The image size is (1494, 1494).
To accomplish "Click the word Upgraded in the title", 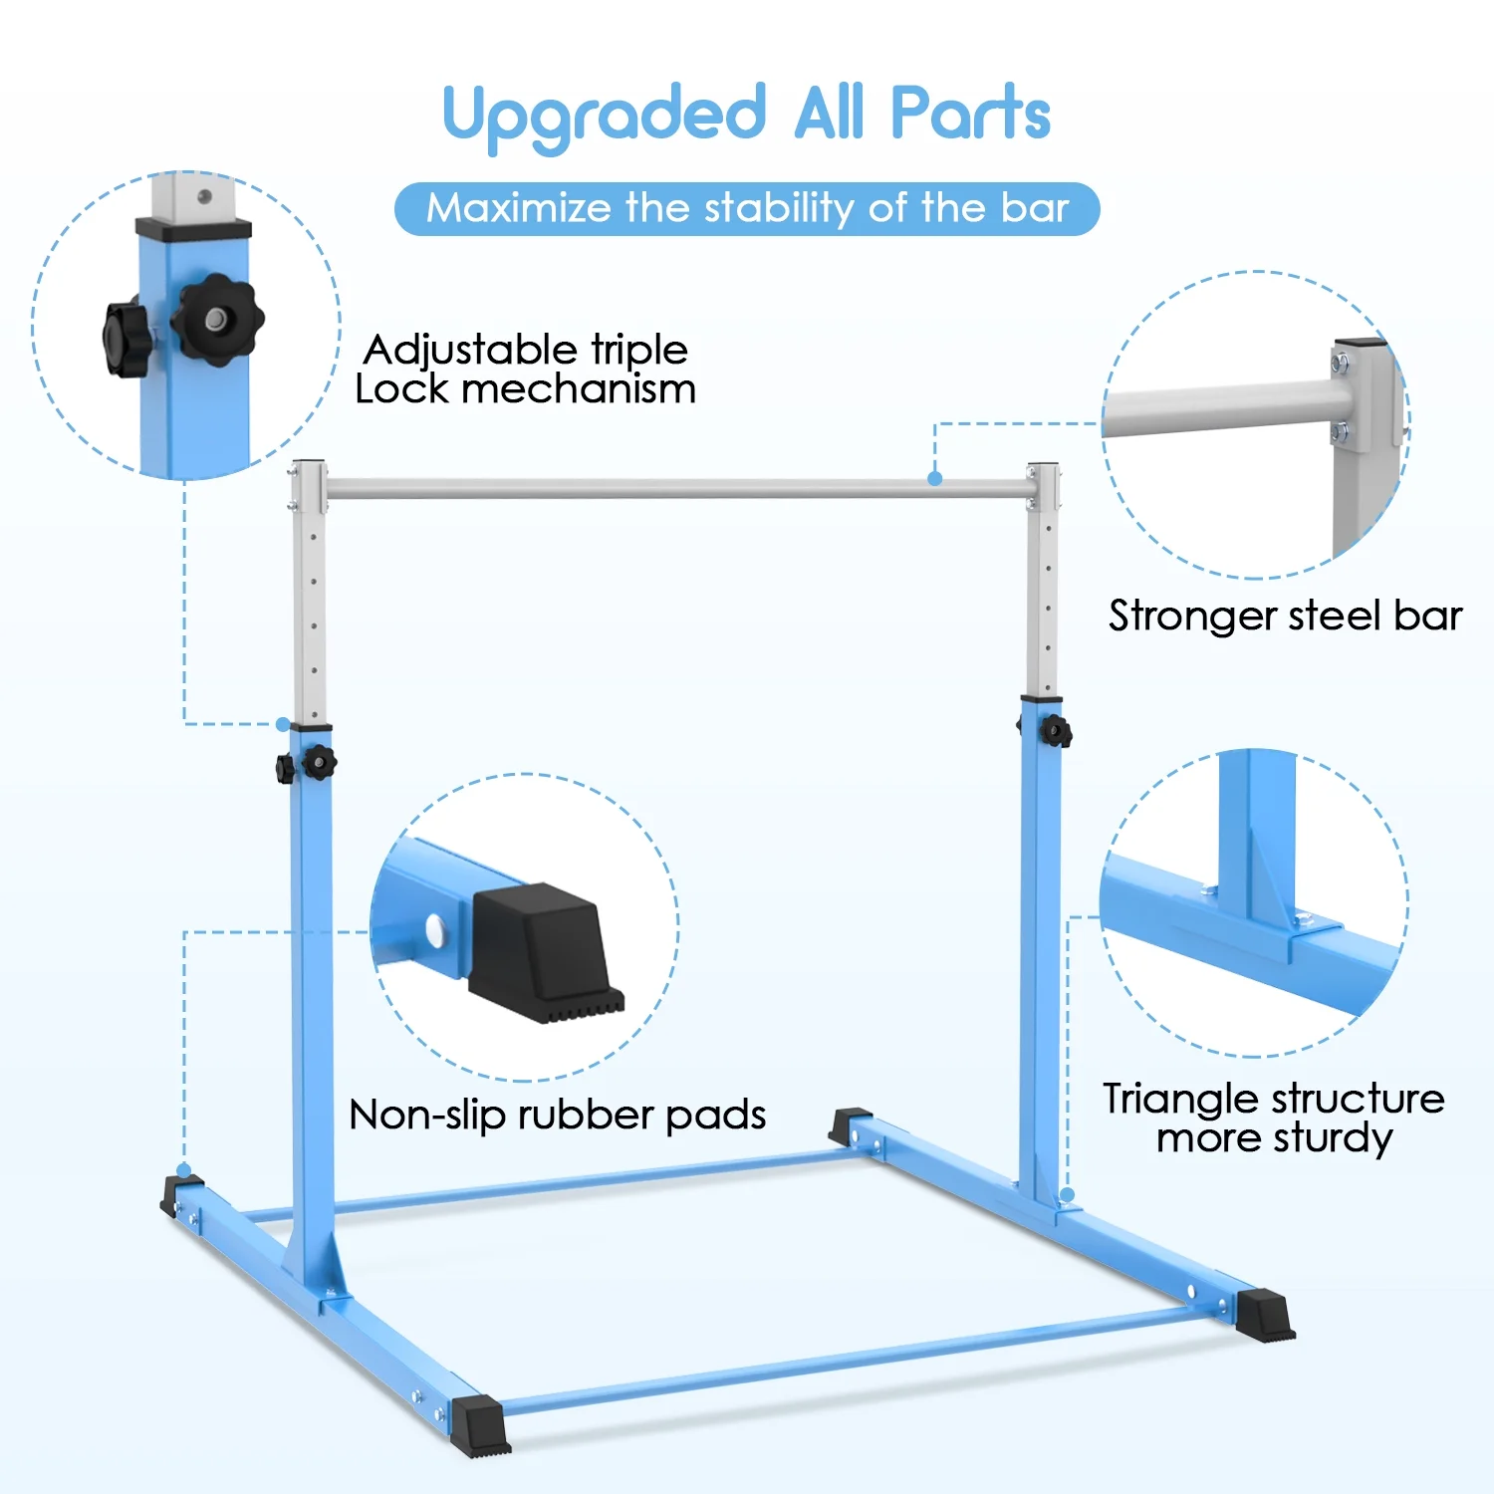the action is pos(605,116).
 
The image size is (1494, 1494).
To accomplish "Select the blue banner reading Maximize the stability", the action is pos(747,209).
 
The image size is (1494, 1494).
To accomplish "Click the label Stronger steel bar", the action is pos(1285,617).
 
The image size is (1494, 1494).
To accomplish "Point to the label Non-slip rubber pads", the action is pos(558,1116).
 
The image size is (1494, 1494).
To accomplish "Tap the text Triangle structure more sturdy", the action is pos(1274,1119).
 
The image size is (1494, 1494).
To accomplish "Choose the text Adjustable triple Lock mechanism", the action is pos(525,369).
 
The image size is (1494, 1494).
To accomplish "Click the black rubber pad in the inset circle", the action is pos(545,952).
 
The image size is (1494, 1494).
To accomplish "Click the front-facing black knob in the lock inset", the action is pos(217,320).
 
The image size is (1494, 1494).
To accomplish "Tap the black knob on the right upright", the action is pos(1055,732).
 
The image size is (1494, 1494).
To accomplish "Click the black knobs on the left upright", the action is pos(307,764).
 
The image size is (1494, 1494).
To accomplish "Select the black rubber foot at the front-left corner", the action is pos(480,1427).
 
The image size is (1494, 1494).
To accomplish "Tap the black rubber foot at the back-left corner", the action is pos(180,1194).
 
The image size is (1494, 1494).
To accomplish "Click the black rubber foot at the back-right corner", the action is pos(850,1125).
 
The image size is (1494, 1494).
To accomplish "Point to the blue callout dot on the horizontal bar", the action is pos(934,478).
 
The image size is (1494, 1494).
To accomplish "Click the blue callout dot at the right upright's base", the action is pos(1068,1193).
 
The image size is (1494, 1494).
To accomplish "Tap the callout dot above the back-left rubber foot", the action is pos(184,1169).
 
